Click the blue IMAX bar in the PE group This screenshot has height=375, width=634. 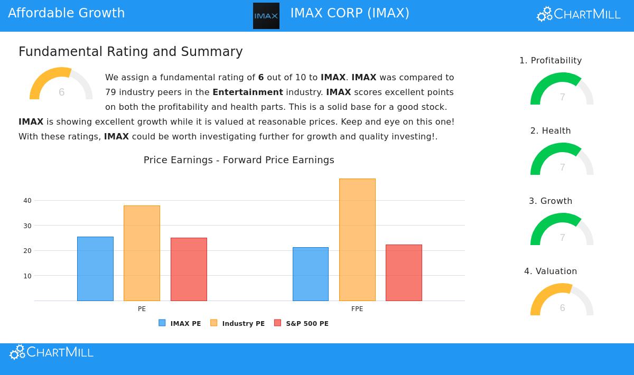[x=95, y=269]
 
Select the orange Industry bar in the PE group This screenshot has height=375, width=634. [x=142, y=253]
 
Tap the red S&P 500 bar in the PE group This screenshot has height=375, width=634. [x=189, y=269]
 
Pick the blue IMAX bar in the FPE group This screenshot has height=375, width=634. [x=311, y=274]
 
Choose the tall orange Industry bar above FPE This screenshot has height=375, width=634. [x=357, y=240]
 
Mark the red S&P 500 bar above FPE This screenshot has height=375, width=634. [x=404, y=273]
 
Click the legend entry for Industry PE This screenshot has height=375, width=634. [x=238, y=323]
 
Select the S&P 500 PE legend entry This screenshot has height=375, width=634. [x=302, y=323]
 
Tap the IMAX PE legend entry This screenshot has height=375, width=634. [x=180, y=323]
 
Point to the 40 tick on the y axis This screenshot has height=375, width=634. [x=27, y=201]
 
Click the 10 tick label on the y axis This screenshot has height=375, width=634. [x=27, y=276]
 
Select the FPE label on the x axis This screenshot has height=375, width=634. [x=357, y=309]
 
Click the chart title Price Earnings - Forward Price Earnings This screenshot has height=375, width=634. [x=239, y=160]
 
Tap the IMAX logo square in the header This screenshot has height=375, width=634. [x=266, y=16]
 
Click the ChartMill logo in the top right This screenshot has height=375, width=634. [x=579, y=14]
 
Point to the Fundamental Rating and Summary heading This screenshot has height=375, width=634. [x=130, y=52]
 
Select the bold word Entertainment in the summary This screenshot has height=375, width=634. [x=248, y=92]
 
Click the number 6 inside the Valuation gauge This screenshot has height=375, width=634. [x=562, y=308]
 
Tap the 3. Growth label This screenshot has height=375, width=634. [x=551, y=201]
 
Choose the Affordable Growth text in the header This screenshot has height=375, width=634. [x=67, y=13]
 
